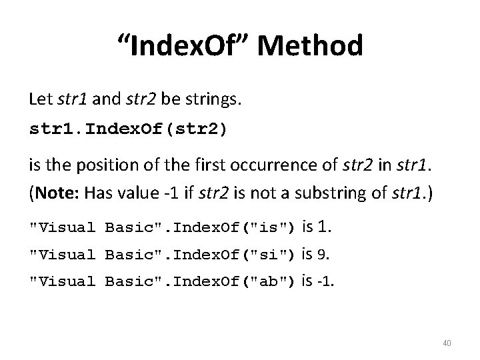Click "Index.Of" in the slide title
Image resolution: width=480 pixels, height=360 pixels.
pos(188,47)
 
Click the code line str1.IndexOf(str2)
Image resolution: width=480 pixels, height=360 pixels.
pos(128,129)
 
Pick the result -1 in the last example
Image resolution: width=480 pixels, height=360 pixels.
pos(327,281)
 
